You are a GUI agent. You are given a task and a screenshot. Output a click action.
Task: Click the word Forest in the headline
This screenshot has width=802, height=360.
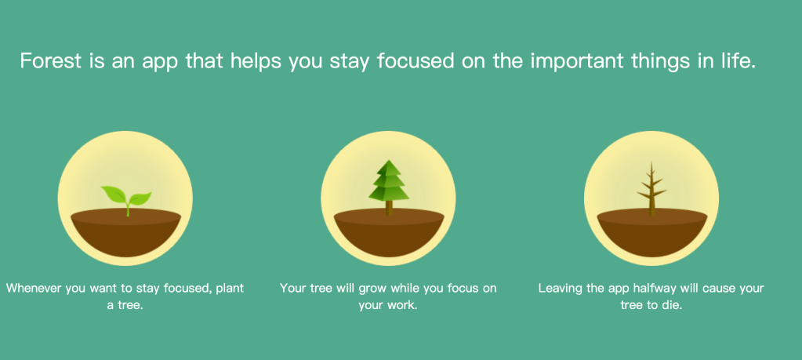pyautogui.click(x=51, y=61)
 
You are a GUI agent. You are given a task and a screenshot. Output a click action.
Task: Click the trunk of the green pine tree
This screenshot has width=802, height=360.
pyautogui.click(x=389, y=208)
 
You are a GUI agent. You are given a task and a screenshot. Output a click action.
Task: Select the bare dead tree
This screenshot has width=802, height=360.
pyautogui.click(x=651, y=189)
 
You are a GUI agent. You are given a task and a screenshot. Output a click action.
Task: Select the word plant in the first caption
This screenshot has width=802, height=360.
pyautogui.click(x=230, y=289)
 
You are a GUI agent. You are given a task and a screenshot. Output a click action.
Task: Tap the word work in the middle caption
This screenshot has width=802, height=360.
pyautogui.click(x=405, y=307)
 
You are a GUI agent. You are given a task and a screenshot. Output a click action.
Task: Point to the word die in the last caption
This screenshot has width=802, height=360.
pyautogui.click(x=673, y=307)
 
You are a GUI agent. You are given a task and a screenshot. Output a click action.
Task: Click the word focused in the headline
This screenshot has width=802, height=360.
pyautogui.click(x=416, y=61)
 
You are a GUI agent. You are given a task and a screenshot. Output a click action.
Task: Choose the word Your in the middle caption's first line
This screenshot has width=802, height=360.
pyautogui.click(x=292, y=288)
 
